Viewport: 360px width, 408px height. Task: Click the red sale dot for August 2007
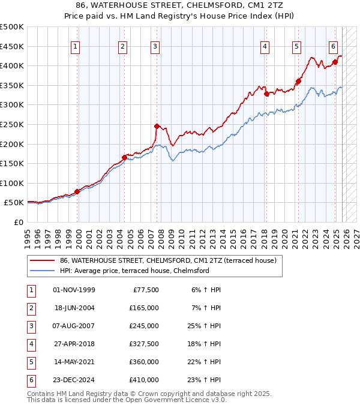(157, 126)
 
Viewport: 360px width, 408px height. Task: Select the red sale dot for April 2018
(266, 94)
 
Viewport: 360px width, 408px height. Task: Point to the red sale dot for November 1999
(77, 192)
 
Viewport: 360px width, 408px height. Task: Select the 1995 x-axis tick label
(28, 236)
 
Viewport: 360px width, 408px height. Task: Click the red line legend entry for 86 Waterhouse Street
(167, 260)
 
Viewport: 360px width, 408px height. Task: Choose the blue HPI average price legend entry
(134, 271)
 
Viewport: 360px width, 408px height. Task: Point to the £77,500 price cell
(144, 290)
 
